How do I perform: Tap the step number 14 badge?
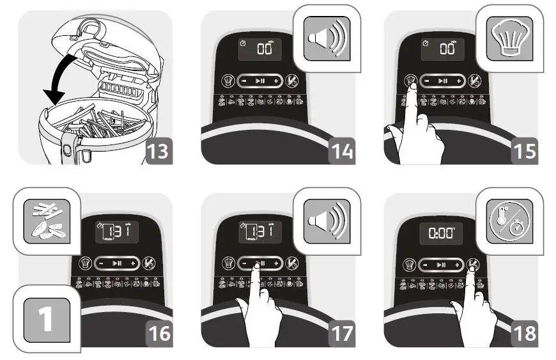[341, 152]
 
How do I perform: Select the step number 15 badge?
[524, 152]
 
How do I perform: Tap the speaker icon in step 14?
[326, 40]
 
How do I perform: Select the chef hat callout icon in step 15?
[509, 40]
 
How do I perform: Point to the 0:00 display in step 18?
[441, 234]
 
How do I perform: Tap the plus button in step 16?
[133, 264]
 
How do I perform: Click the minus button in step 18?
[424, 264]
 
